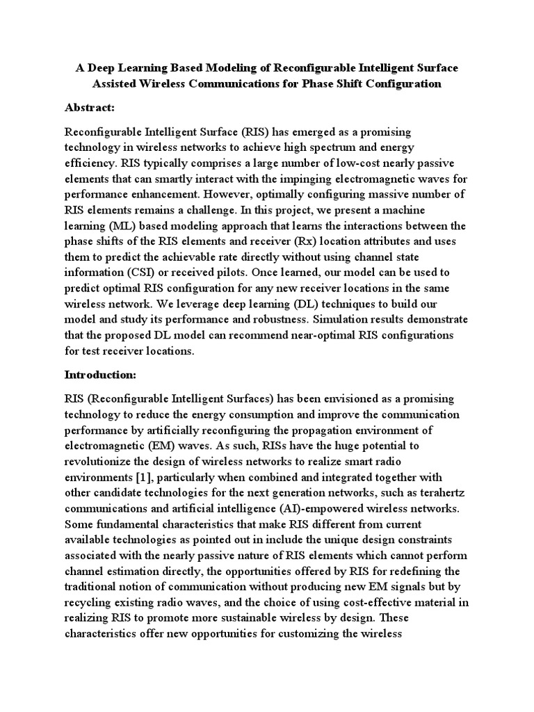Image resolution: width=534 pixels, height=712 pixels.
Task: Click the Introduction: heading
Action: [100, 374]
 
